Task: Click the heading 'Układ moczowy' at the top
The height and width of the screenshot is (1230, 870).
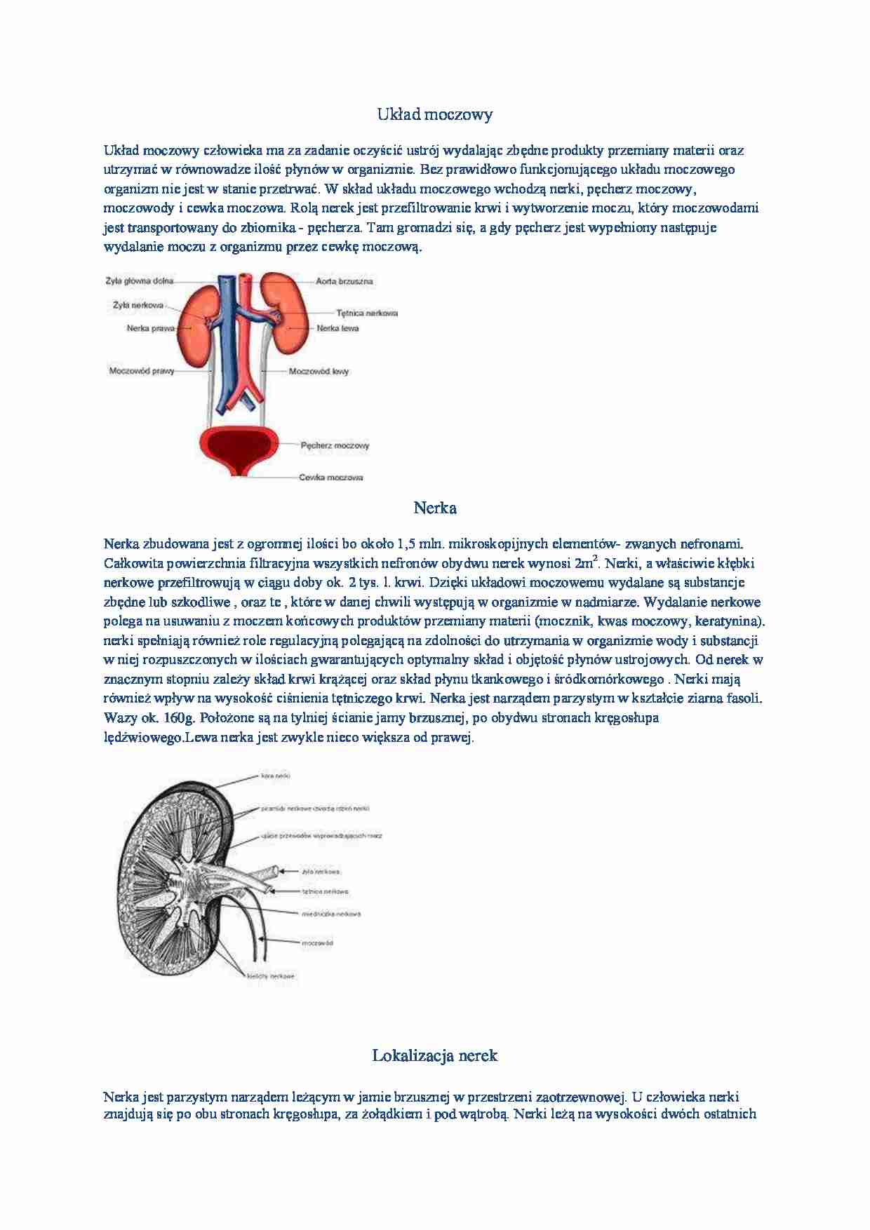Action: [435, 114]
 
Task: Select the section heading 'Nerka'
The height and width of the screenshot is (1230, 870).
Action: [435, 508]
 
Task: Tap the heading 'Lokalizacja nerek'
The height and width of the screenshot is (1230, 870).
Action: [435, 1055]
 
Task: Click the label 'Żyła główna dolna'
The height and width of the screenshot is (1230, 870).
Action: [140, 281]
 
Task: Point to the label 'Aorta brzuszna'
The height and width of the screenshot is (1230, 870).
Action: [344, 281]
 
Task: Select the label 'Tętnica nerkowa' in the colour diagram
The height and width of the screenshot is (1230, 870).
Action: [367, 313]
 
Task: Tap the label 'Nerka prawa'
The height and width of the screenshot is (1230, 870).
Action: [150, 327]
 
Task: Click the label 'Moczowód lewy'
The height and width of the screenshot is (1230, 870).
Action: [319, 371]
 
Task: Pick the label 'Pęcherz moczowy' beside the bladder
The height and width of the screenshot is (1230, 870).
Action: [335, 445]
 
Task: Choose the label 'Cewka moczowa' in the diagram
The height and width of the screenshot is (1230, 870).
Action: [331, 478]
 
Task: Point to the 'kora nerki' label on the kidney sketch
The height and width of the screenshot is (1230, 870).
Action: [275, 776]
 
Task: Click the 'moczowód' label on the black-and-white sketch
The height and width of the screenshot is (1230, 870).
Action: [317, 942]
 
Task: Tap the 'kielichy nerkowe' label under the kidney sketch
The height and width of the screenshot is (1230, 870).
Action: [271, 975]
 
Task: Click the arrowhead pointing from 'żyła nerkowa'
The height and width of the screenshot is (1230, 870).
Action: [283, 872]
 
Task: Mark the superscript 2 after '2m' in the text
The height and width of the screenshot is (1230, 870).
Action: [595, 558]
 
